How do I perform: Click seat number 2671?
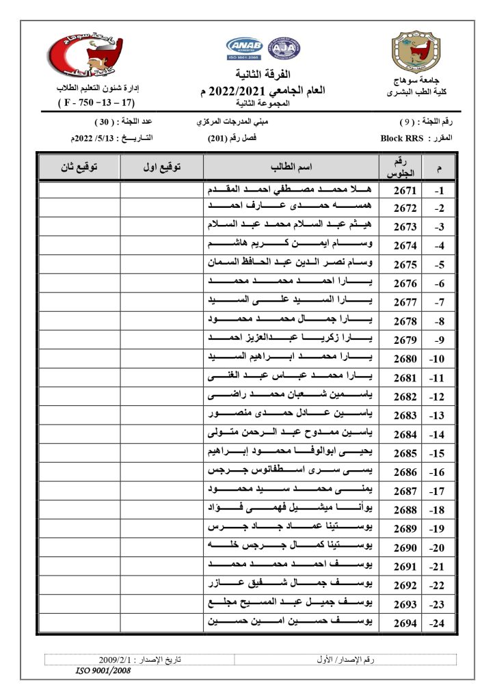tap(405, 191)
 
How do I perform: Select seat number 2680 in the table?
tap(405, 358)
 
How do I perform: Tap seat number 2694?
tap(405, 623)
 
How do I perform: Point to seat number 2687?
tap(405, 491)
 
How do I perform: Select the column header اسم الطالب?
tap(291, 167)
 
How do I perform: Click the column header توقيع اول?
tap(161, 167)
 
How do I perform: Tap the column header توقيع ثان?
tap(79, 167)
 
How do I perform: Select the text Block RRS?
tap(401, 138)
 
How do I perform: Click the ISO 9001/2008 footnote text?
tap(103, 671)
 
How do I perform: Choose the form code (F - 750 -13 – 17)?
tap(95, 104)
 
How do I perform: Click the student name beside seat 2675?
tap(291, 262)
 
